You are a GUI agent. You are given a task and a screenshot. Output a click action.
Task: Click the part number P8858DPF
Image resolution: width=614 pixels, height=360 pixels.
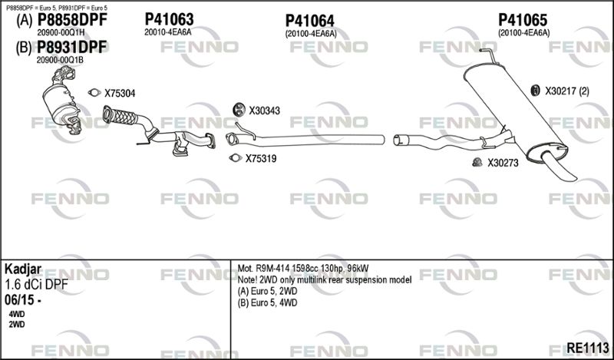pos(71,20)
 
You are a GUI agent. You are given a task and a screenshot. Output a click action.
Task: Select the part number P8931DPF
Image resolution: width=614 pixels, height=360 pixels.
pos(71,48)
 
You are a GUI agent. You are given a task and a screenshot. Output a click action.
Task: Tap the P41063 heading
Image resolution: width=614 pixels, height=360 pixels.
pos(169,19)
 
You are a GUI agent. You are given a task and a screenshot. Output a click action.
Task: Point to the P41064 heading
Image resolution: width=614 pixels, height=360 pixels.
pos(310,21)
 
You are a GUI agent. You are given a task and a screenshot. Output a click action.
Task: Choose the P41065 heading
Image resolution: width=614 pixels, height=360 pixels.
pos(523,20)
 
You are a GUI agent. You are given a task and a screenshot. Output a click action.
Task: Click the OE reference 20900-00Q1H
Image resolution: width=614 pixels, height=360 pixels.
pos(61,32)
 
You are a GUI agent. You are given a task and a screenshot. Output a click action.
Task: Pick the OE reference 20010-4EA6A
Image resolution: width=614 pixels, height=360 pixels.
pos(168,32)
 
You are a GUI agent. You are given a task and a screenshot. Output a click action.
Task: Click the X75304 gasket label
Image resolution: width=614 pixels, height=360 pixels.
pos(120,93)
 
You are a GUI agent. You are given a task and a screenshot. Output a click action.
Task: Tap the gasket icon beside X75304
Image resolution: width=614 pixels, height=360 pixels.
pos(94,92)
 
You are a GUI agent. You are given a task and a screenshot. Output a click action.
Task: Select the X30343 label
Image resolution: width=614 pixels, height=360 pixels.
pos(265,111)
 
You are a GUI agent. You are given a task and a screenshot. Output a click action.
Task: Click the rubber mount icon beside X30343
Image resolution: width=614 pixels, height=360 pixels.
pos(238,110)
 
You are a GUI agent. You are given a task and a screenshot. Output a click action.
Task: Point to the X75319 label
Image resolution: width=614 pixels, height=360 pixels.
pos(261,159)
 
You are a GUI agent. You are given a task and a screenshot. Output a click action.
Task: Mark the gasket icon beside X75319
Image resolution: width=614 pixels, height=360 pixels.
pos(235,158)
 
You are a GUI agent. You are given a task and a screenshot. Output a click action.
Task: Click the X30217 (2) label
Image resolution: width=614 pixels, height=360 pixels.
pos(567,91)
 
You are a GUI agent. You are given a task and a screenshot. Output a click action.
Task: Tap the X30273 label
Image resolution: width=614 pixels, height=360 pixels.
pos(503,163)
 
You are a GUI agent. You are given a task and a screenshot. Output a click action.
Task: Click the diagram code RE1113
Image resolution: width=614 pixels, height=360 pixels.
pos(588,348)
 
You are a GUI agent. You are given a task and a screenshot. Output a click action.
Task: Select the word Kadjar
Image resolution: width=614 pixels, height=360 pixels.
pos(23,270)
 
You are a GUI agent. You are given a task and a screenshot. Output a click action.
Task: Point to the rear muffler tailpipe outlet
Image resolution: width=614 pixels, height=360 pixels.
pos(560,168)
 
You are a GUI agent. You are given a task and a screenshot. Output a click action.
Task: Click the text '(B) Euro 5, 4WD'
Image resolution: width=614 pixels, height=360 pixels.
pos(267,302)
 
